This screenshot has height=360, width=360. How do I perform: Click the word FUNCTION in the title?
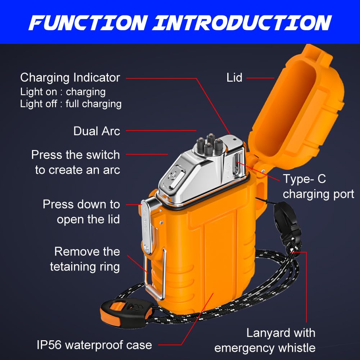coord(88,22)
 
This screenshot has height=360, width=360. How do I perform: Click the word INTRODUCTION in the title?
coord(242,22)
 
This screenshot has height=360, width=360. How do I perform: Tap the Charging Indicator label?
coord(70,77)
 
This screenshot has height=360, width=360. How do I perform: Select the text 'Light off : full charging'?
coord(71,104)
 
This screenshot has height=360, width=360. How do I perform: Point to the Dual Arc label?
coord(96,131)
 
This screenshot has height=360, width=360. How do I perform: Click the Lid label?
coord(234,78)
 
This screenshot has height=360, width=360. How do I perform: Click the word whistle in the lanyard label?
coord(294,348)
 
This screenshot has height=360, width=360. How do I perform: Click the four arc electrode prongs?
coord(206,144)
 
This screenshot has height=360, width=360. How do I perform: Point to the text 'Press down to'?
coord(81,204)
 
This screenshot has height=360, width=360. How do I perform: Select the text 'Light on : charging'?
coord(63,92)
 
